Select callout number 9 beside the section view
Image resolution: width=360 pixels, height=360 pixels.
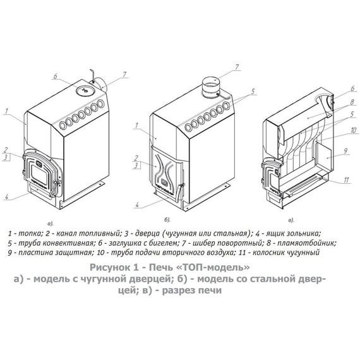(345, 151)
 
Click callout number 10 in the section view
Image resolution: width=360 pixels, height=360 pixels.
(353, 130)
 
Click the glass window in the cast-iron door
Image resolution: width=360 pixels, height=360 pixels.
(40, 174)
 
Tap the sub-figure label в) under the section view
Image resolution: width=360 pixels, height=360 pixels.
(291, 220)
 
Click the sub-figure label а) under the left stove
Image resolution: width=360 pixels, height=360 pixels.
(50, 223)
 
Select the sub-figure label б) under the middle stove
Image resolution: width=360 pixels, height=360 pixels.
(167, 220)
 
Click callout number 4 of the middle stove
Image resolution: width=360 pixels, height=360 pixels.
(137, 205)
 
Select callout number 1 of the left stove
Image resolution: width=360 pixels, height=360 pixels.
(6, 111)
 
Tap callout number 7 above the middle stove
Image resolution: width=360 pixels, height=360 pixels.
(237, 68)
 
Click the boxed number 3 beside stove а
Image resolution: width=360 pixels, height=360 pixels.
(6, 157)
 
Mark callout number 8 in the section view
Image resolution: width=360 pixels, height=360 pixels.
(352, 102)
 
